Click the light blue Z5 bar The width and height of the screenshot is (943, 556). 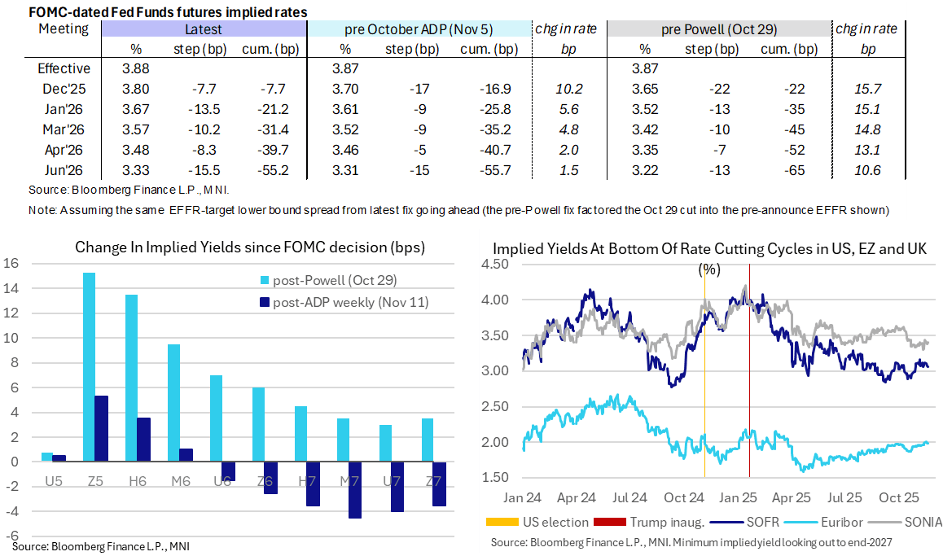(x=90, y=367)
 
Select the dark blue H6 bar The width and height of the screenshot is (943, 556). (x=143, y=440)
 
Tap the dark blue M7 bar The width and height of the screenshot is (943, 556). (x=354, y=490)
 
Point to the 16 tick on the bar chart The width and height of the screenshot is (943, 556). (x=11, y=263)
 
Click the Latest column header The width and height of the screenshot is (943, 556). (x=203, y=28)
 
